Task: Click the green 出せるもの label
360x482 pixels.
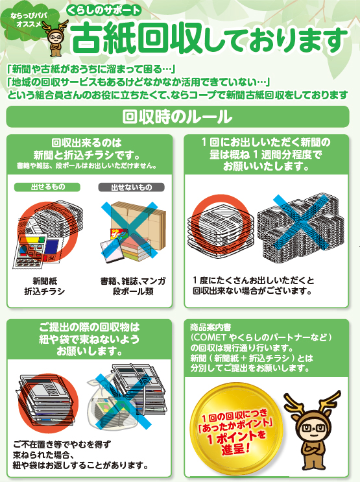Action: (x=47, y=187)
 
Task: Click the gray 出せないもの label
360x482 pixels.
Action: (x=131, y=187)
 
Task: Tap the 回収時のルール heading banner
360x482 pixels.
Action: (x=178, y=117)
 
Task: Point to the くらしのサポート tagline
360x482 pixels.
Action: (x=104, y=11)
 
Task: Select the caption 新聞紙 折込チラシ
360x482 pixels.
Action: (x=45, y=286)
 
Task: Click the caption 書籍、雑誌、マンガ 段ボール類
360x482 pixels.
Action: (x=133, y=286)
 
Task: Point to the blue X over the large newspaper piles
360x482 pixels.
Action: (x=301, y=222)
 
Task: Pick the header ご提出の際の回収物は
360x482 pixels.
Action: (x=89, y=327)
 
